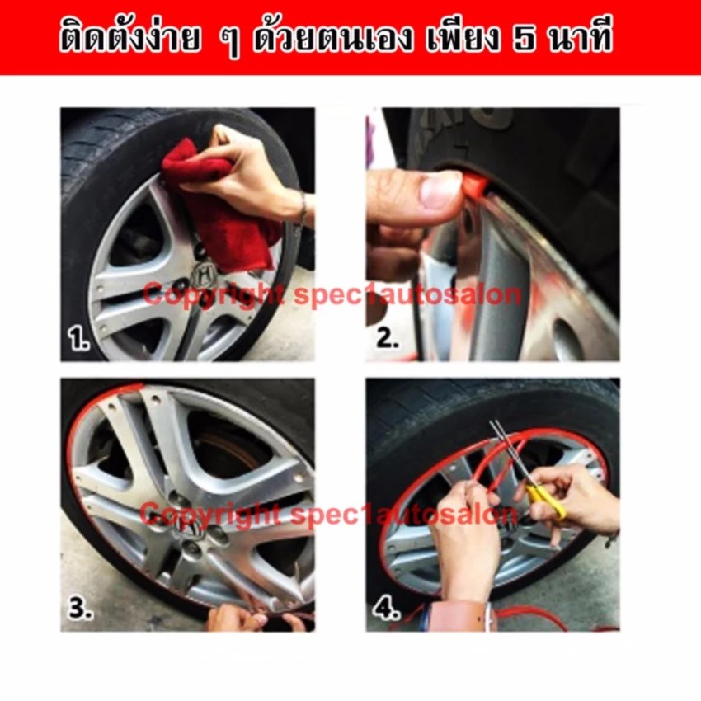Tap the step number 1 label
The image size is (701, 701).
[x=78, y=338]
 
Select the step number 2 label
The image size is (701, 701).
[x=387, y=337]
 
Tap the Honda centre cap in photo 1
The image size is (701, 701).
[x=204, y=273]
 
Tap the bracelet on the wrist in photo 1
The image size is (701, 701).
[x=303, y=211]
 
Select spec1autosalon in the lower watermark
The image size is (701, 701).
[x=404, y=514]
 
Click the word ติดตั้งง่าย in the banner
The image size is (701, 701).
[x=129, y=38]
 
